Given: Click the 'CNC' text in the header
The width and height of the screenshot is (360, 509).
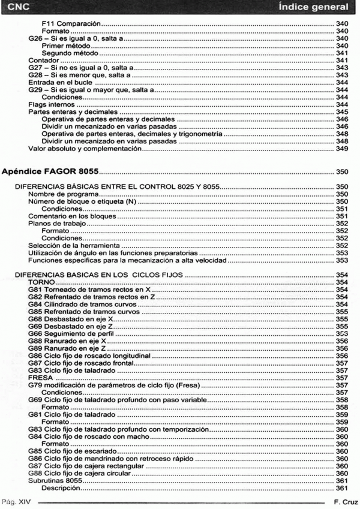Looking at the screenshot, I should pyautogui.click(x=16, y=7).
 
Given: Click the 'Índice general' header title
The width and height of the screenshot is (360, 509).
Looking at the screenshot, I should pyautogui.click(x=313, y=7).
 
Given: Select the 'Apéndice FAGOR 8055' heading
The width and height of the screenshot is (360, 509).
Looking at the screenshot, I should pyautogui.click(x=50, y=171).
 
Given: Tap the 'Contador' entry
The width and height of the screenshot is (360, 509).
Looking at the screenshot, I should pyautogui.click(x=44, y=61).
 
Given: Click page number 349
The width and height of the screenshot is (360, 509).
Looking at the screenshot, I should pyautogui.click(x=342, y=149).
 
